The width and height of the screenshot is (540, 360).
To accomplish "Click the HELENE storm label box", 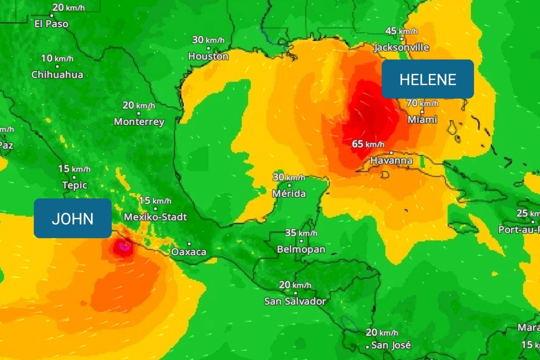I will coord(427,79).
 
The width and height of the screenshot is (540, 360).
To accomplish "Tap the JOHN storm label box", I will coord(73,218).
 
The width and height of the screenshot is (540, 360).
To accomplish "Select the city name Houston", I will coord(208,57).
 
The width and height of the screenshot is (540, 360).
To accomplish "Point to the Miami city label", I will coord(422,120).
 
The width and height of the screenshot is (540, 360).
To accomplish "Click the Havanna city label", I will coord(391,161).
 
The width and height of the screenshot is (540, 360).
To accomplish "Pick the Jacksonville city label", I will coord(402,47).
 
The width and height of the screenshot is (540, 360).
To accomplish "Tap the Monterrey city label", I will coord(139,122).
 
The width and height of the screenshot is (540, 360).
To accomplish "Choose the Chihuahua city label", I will coord(57,75).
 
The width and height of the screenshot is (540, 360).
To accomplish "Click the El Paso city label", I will coord(51,24).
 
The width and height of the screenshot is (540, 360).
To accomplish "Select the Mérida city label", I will coord(289,193).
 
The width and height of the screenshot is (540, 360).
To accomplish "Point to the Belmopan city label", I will coord(301,249).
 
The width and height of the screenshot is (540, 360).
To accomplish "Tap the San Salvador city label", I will coord(295,301).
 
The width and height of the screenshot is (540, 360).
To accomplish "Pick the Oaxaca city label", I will coord(188,251).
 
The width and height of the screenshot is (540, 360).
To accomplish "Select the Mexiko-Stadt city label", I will coord(155,217).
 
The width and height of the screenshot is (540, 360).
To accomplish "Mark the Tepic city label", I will coord(74,185).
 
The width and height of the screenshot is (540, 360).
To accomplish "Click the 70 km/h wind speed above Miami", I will coord(422,104).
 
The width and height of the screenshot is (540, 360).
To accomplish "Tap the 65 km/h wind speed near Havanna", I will coord(368,144).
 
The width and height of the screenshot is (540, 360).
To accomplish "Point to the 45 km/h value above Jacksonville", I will coord(401,31).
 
